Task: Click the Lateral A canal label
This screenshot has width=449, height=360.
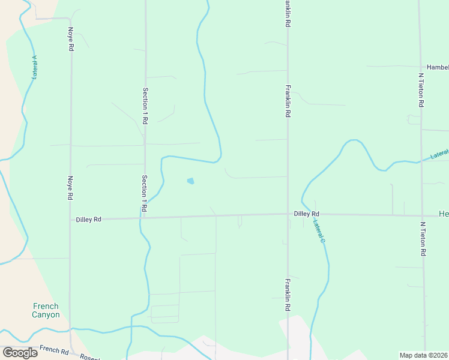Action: tap(35, 67)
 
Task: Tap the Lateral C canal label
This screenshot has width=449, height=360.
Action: tap(319, 231)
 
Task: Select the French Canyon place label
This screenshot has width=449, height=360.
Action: tap(46, 310)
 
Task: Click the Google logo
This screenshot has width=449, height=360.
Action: tap(20, 353)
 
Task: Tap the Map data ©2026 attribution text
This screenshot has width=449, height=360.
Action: tap(423, 355)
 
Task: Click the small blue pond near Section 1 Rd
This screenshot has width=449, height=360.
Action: tap(191, 181)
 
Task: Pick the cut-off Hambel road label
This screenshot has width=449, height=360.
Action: tap(438, 67)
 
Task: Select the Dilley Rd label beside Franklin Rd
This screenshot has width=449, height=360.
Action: tap(306, 214)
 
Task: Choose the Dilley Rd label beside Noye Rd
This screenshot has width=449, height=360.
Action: tap(88, 220)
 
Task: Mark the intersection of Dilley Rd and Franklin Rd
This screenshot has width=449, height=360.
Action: tap(288, 214)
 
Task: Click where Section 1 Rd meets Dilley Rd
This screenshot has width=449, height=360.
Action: tap(144, 217)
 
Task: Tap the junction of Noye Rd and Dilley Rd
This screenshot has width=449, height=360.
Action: tap(71, 220)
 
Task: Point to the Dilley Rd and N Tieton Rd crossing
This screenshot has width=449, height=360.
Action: tap(423, 215)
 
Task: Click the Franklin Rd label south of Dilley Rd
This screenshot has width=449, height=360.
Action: tap(288, 295)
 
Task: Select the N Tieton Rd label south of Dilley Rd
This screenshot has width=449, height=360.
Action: tap(423, 239)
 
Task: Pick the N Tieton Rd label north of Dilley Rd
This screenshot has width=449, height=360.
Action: tap(421, 91)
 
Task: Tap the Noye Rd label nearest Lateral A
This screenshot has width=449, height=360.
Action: tap(71, 38)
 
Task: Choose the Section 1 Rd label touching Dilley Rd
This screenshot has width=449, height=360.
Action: tap(145, 193)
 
